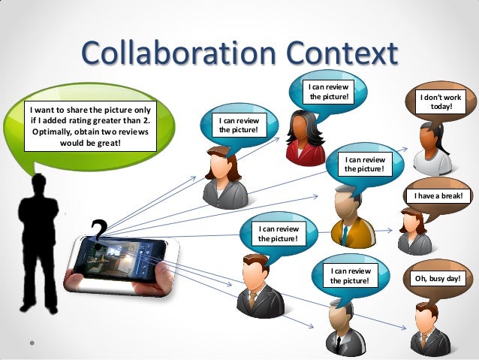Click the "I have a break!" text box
[438, 196]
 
